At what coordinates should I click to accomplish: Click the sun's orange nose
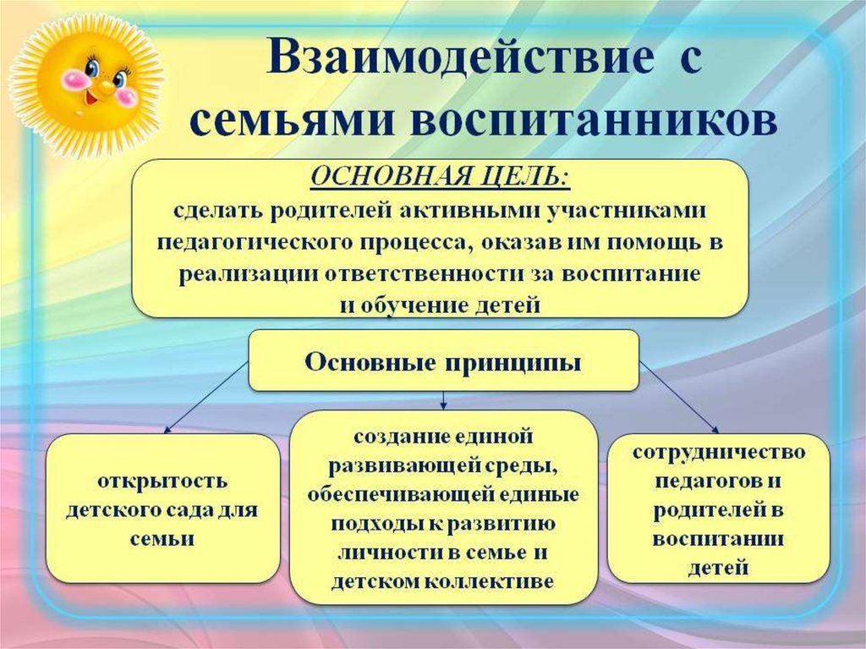(x=103, y=87)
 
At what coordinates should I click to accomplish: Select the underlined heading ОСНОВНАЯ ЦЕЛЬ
(x=440, y=177)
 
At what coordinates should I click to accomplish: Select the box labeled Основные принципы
(x=443, y=360)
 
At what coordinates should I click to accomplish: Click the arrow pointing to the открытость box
(x=206, y=397)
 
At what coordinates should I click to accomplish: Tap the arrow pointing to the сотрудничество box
(x=679, y=397)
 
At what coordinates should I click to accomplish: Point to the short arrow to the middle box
(x=443, y=400)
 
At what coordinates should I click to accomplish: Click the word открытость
(x=162, y=481)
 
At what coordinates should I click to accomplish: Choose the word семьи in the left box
(x=162, y=538)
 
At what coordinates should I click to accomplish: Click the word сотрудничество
(x=719, y=452)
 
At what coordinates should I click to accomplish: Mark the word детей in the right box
(x=718, y=568)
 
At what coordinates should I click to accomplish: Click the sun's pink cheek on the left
(x=75, y=79)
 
